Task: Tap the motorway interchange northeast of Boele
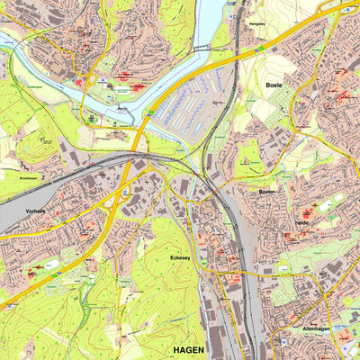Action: coord(346,9)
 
